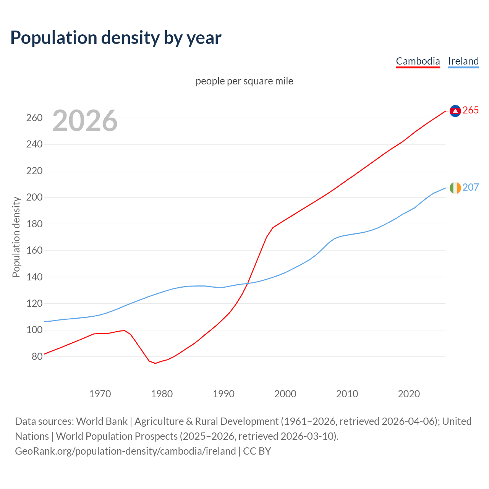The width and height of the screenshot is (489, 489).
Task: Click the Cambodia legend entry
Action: pos(418,61)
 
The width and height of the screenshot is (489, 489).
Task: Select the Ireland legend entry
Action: pos(463,61)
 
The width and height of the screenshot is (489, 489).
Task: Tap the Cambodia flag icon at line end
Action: pos(455,111)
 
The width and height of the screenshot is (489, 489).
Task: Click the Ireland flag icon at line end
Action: pos(455,188)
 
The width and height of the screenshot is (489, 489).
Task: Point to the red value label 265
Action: pos(471,110)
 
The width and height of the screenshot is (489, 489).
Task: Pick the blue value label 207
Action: pos(471,188)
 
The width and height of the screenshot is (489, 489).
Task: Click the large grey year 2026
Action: pos(85,121)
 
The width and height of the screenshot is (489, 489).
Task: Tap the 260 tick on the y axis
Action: pos(34,118)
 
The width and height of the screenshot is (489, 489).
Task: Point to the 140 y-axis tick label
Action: pos(34,277)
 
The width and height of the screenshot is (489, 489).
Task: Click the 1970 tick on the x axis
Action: pos(100,394)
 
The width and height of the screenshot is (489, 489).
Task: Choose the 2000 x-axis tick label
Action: pos(285,394)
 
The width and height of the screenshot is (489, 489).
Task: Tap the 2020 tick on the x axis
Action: pos(409,394)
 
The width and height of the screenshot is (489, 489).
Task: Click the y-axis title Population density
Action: pos(16,237)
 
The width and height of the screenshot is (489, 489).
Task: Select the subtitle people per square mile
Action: pos(244,81)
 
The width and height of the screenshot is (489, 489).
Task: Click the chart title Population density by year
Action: pos(116,38)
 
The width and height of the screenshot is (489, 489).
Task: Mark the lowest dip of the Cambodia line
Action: pos(155,363)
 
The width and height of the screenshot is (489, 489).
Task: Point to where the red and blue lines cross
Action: pos(248,283)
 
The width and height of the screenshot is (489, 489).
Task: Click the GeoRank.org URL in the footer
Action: pos(125,451)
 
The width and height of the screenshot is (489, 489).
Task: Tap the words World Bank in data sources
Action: pos(102,421)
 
